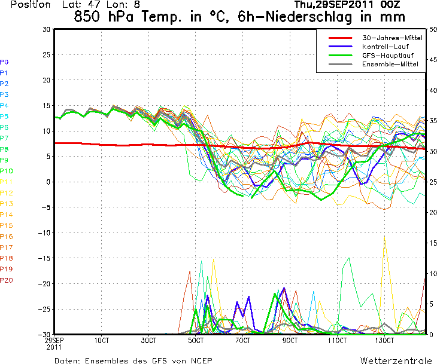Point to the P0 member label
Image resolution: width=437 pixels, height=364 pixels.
tap(4, 62)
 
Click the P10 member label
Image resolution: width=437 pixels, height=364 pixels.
tap(6, 171)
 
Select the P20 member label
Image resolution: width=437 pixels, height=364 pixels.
tap(6, 280)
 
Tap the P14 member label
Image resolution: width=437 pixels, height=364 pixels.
tap(6, 215)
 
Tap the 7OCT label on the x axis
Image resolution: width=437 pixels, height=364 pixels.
tap(243, 340)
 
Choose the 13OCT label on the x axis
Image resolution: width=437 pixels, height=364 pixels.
tap(385, 340)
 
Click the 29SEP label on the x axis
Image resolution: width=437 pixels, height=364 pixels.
tap(54, 340)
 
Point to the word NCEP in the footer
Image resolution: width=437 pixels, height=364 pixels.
tap(199, 360)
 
